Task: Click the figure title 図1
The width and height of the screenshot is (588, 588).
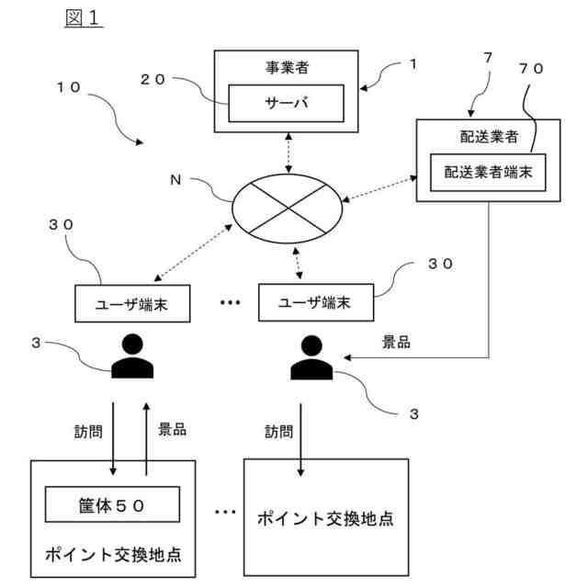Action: [x=84, y=18]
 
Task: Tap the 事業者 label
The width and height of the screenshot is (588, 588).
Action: [x=287, y=67]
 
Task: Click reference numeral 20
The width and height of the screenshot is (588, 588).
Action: [x=153, y=80]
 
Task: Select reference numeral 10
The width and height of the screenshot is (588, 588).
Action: [x=68, y=87]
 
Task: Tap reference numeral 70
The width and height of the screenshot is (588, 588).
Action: [x=531, y=68]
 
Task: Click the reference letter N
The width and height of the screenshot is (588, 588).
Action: [x=175, y=180]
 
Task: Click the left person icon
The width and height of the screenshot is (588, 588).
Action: [x=132, y=356]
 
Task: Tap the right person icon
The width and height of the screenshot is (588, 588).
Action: [x=311, y=357]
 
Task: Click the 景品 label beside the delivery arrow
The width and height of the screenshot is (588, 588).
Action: [x=396, y=342]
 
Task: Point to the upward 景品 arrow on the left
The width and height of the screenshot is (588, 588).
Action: [x=146, y=439]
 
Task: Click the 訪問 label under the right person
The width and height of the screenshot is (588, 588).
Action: [x=278, y=432]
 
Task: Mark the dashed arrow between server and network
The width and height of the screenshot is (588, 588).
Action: [x=288, y=153]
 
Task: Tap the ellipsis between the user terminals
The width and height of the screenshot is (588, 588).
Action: [x=230, y=302]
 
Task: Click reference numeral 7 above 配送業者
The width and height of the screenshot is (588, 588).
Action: [x=488, y=57]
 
